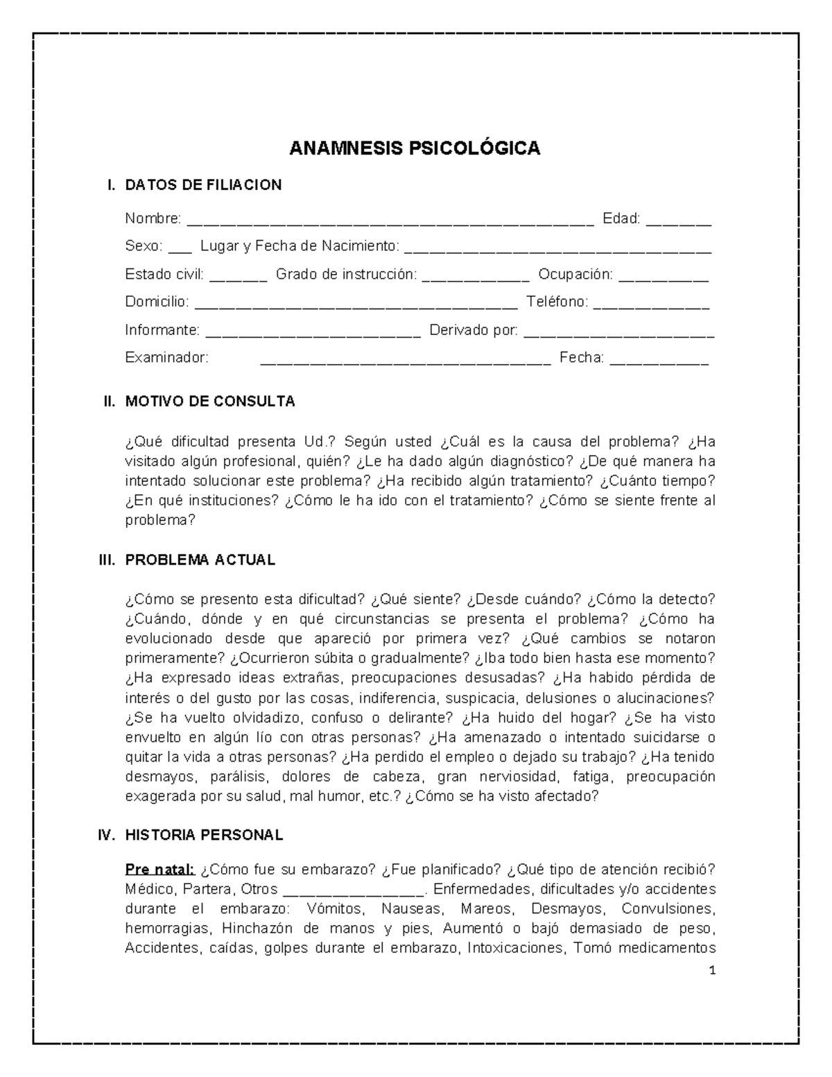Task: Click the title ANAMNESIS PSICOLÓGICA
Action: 415,148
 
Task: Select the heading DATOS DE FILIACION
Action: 203,185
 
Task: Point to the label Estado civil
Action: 164,275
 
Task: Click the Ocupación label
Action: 575,275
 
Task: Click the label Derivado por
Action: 474,330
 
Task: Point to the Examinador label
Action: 166,358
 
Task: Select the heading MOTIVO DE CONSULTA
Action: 210,402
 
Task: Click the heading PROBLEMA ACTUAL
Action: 200,560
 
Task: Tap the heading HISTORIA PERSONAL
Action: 204,836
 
